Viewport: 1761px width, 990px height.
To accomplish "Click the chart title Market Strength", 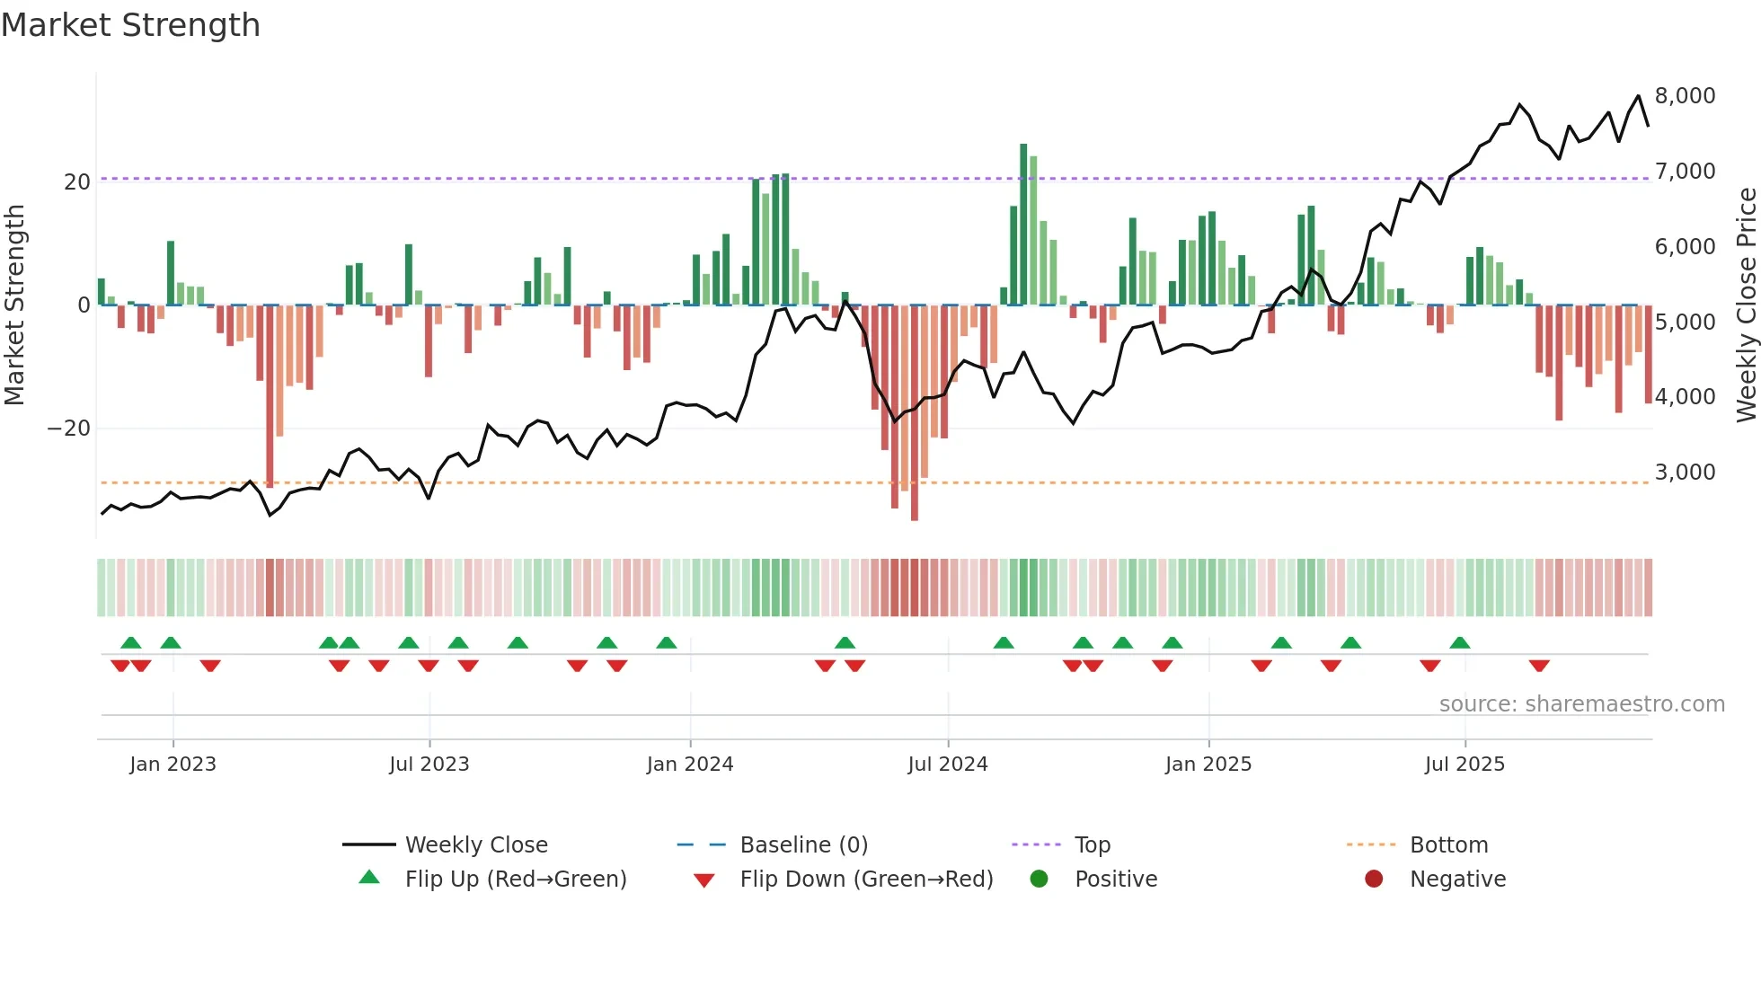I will pos(131,25).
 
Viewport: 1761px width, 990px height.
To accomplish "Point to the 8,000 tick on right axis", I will pos(1685,96).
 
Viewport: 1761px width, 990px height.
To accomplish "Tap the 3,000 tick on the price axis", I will pos(1685,473).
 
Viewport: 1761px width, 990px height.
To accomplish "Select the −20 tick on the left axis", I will pos(69,429).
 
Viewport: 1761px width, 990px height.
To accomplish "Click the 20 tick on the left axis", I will pos(77,182).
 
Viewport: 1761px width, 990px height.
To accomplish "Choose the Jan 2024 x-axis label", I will pos(689,765).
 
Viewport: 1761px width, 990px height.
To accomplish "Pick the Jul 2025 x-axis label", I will pos(1464,765).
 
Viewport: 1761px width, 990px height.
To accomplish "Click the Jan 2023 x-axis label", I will pos(173,765).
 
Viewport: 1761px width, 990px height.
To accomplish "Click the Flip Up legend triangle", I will pos(369,878).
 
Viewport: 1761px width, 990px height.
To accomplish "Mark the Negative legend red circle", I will pos(1373,880).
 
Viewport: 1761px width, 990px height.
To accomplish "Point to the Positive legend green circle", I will pos(1039,880).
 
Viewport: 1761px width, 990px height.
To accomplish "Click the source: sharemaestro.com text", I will pos(1581,704).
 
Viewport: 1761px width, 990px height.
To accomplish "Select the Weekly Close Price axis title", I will pos(1746,305).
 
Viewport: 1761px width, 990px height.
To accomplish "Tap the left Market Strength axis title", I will pos(15,305).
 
